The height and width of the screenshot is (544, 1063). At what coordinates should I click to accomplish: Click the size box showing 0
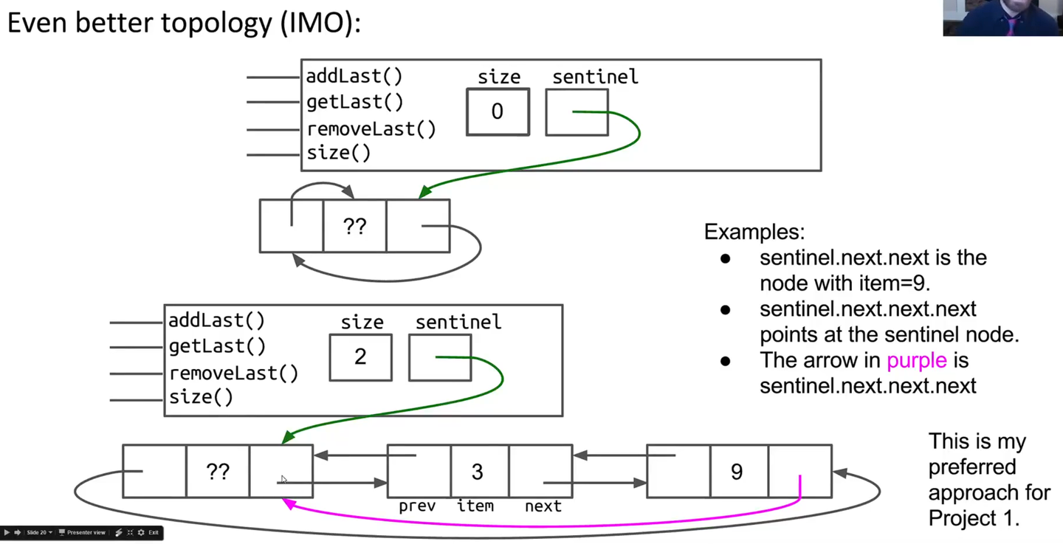point(498,112)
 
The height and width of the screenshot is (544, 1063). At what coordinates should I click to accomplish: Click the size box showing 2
point(360,357)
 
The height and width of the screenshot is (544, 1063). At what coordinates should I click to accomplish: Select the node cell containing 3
point(478,471)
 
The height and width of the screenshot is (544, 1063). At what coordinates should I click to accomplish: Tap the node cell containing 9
point(737,471)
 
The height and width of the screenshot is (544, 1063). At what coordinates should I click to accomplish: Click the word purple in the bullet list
point(916,360)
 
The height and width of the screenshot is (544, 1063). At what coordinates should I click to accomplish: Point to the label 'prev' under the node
point(417,506)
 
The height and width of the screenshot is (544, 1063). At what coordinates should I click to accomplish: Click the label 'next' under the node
point(543,506)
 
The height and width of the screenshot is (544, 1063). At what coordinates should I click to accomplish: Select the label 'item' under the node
point(475,506)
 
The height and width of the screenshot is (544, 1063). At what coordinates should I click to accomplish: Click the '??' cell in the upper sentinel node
point(354,226)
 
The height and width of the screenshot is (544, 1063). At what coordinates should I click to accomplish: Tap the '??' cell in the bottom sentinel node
point(217,471)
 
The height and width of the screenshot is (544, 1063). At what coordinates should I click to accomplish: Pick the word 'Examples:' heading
point(754,232)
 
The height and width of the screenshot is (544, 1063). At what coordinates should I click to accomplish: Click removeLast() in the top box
point(371,129)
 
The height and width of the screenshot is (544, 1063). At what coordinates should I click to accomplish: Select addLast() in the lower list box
point(216,321)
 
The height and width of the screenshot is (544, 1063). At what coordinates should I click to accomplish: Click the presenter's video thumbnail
point(1002,18)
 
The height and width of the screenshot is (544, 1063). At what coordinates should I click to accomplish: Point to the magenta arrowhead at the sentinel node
point(289,503)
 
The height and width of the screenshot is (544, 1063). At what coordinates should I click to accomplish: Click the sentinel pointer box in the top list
point(577,112)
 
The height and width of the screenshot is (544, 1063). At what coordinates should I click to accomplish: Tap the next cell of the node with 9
point(800,471)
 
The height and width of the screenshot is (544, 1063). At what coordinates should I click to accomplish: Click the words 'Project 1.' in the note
point(974,518)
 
